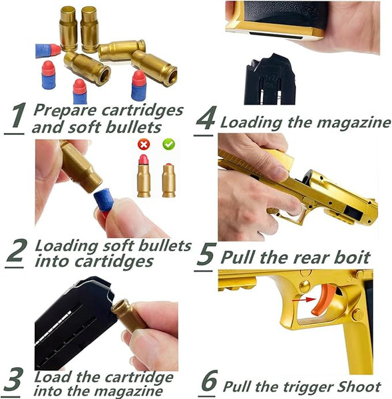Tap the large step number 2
click(16, 252)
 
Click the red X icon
click(144, 144)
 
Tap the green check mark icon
click(168, 144)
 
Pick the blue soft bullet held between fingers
click(103, 199)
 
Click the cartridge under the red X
click(144, 176)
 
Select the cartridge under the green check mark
click(168, 180)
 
